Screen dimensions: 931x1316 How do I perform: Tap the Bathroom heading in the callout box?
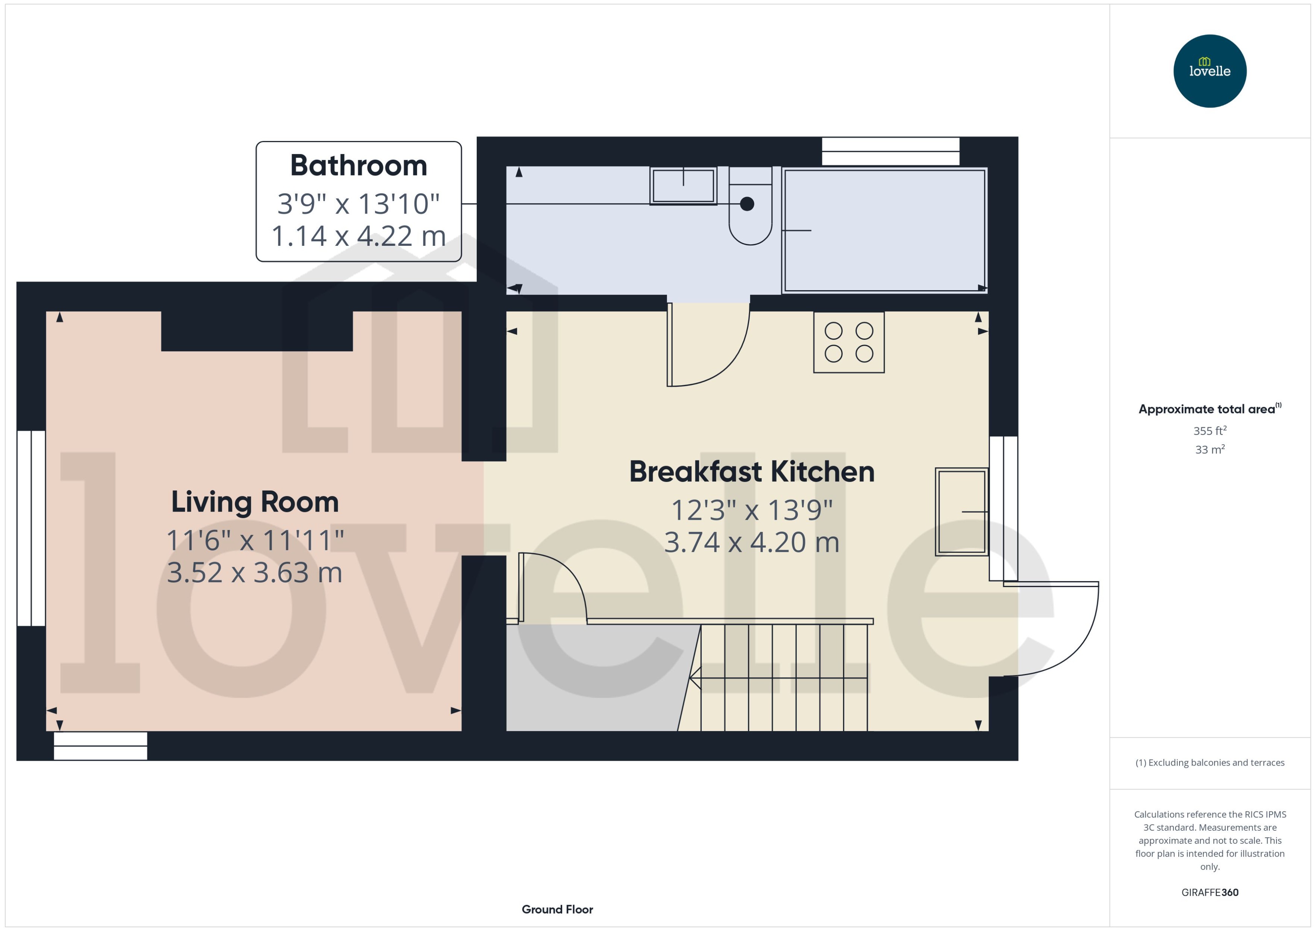[358, 166]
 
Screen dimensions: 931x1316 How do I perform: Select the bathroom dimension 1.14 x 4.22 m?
[358, 236]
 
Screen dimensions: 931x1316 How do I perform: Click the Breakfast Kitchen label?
[751, 472]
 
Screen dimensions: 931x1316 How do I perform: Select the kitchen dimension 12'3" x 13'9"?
[751, 510]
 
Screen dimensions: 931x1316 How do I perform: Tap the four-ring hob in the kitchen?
[848, 342]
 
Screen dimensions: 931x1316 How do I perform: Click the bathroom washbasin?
[682, 186]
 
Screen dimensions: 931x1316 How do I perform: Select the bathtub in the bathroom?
[884, 230]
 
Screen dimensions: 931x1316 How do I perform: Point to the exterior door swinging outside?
[1055, 631]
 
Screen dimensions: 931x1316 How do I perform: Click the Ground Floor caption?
[557, 909]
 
